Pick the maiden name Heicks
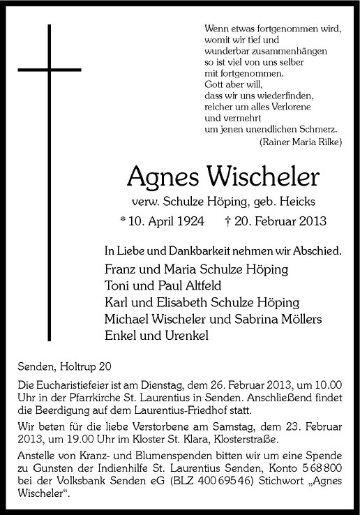[297, 202]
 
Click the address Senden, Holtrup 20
[63, 366]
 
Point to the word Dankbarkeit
[179, 249]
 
